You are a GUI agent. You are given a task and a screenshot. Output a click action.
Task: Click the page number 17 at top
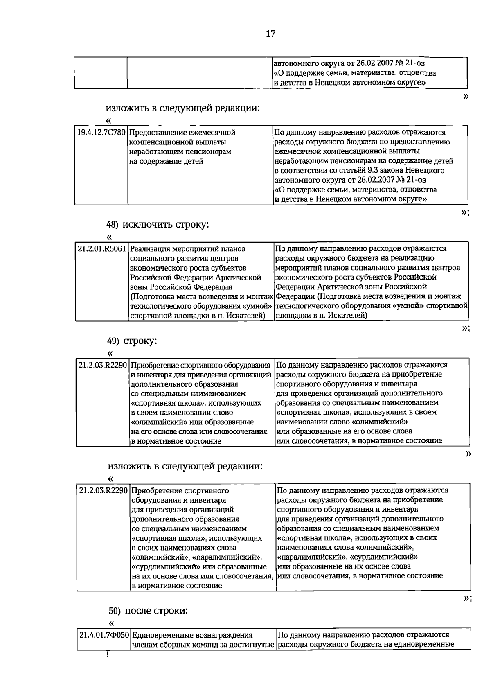pos(270,34)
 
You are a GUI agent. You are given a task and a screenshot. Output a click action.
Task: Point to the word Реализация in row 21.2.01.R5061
pos(152,249)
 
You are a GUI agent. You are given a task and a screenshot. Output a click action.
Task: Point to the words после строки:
pos(156,611)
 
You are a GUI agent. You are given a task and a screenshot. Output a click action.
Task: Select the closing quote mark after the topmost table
pos(465,96)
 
